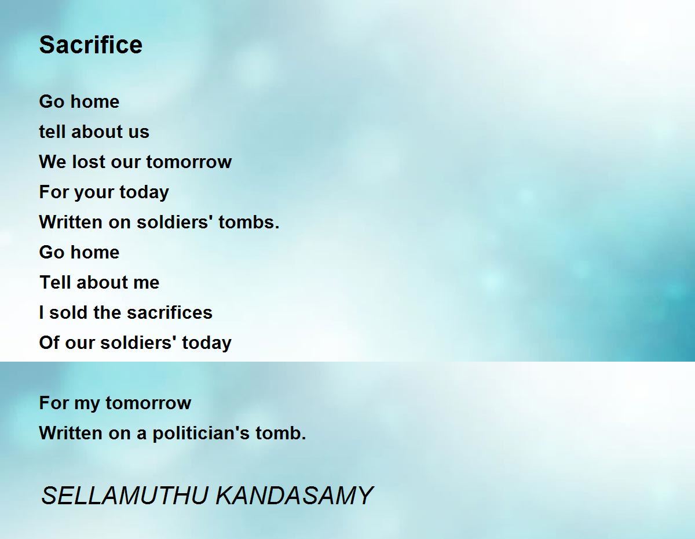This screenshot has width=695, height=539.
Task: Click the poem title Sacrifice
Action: coord(90,45)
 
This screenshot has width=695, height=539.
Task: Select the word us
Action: coord(139,132)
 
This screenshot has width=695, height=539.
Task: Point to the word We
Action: coord(53,162)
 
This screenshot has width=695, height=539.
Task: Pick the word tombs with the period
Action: coord(249,222)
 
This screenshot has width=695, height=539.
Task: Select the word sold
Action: coord(68,312)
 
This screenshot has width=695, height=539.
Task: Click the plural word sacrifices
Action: coord(170,312)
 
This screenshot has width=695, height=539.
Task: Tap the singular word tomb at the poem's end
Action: coord(281,433)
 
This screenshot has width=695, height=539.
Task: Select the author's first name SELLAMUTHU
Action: coord(125,496)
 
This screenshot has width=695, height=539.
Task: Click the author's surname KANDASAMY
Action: coord(294,496)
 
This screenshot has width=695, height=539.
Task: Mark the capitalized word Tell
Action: coord(55,282)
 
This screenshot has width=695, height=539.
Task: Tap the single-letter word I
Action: coord(41,312)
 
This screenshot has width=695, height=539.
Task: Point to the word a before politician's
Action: coord(142,434)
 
